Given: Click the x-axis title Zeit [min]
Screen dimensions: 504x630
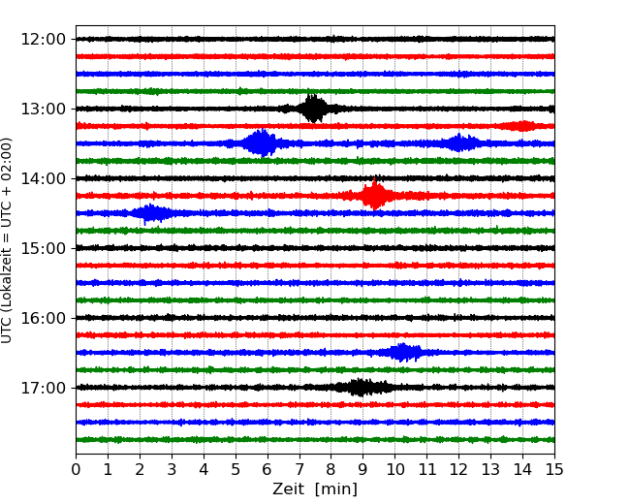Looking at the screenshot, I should pyautogui.click(x=315, y=489).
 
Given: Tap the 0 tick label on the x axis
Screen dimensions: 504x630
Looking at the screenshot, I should pyautogui.click(x=76, y=470).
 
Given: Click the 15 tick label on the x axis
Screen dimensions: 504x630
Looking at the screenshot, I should pyautogui.click(x=554, y=470).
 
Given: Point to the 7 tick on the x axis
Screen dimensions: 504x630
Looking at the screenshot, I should pyautogui.click(x=299, y=470).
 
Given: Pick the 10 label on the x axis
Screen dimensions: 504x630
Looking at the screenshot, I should pyautogui.click(x=395, y=470).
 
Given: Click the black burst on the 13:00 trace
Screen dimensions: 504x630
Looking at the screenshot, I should pyautogui.click(x=313, y=109).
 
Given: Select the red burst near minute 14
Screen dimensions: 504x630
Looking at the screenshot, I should pyautogui.click(x=522, y=126).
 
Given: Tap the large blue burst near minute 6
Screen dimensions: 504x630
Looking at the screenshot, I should pyautogui.click(x=261, y=143).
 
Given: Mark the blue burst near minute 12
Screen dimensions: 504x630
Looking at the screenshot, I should pyautogui.click(x=463, y=143).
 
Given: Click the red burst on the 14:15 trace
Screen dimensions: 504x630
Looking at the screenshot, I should pyautogui.click(x=374, y=196).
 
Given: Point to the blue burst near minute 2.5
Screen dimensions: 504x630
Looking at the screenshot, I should pyautogui.click(x=151, y=213).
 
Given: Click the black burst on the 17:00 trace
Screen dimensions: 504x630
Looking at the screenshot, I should pyautogui.click(x=360, y=388).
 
